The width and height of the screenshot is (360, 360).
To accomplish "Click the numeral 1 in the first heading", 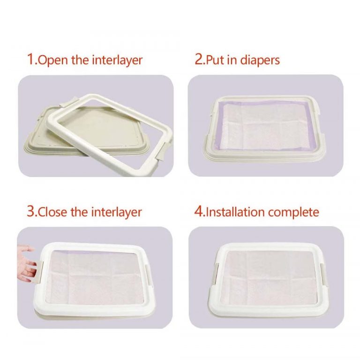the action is (31, 59).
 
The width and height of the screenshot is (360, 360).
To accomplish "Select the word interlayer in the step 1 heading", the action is (117, 60).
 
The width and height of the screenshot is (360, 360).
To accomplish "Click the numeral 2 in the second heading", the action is (199, 59).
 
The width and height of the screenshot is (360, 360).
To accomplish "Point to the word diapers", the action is (260, 60).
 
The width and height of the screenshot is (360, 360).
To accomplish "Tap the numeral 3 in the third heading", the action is (31, 211).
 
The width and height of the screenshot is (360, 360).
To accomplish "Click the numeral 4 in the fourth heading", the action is (199, 211).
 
